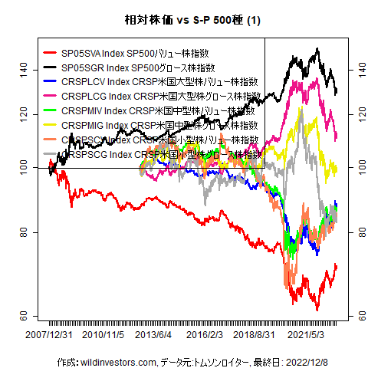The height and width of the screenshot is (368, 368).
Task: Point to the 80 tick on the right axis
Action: pyautogui.click(x=357, y=232)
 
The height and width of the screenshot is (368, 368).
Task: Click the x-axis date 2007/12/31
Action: pyautogui.click(x=50, y=336)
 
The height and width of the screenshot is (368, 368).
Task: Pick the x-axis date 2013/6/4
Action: pyautogui.click(x=153, y=336)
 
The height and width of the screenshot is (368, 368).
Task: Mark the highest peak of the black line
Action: pyautogui.click(x=317, y=49)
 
